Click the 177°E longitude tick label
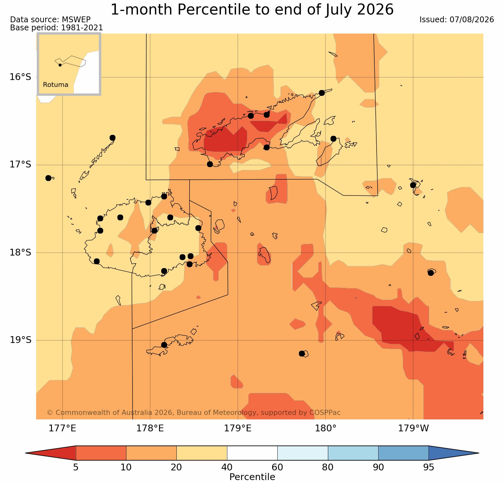tap(62, 428)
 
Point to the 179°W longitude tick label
tap(413, 428)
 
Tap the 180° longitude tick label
tap(325, 428)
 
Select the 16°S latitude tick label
tap(20, 77)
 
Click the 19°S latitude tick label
tap(20, 340)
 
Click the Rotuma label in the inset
tap(55, 85)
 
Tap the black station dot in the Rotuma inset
tap(60, 65)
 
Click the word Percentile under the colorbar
tap(252, 477)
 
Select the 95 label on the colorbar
tap(429, 467)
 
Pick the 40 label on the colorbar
tap(227, 467)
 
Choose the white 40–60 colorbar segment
tap(252, 453)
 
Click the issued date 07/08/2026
tap(472, 20)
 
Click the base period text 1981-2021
tap(82, 28)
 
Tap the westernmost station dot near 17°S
tap(48, 178)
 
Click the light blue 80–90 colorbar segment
tap(353, 453)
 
